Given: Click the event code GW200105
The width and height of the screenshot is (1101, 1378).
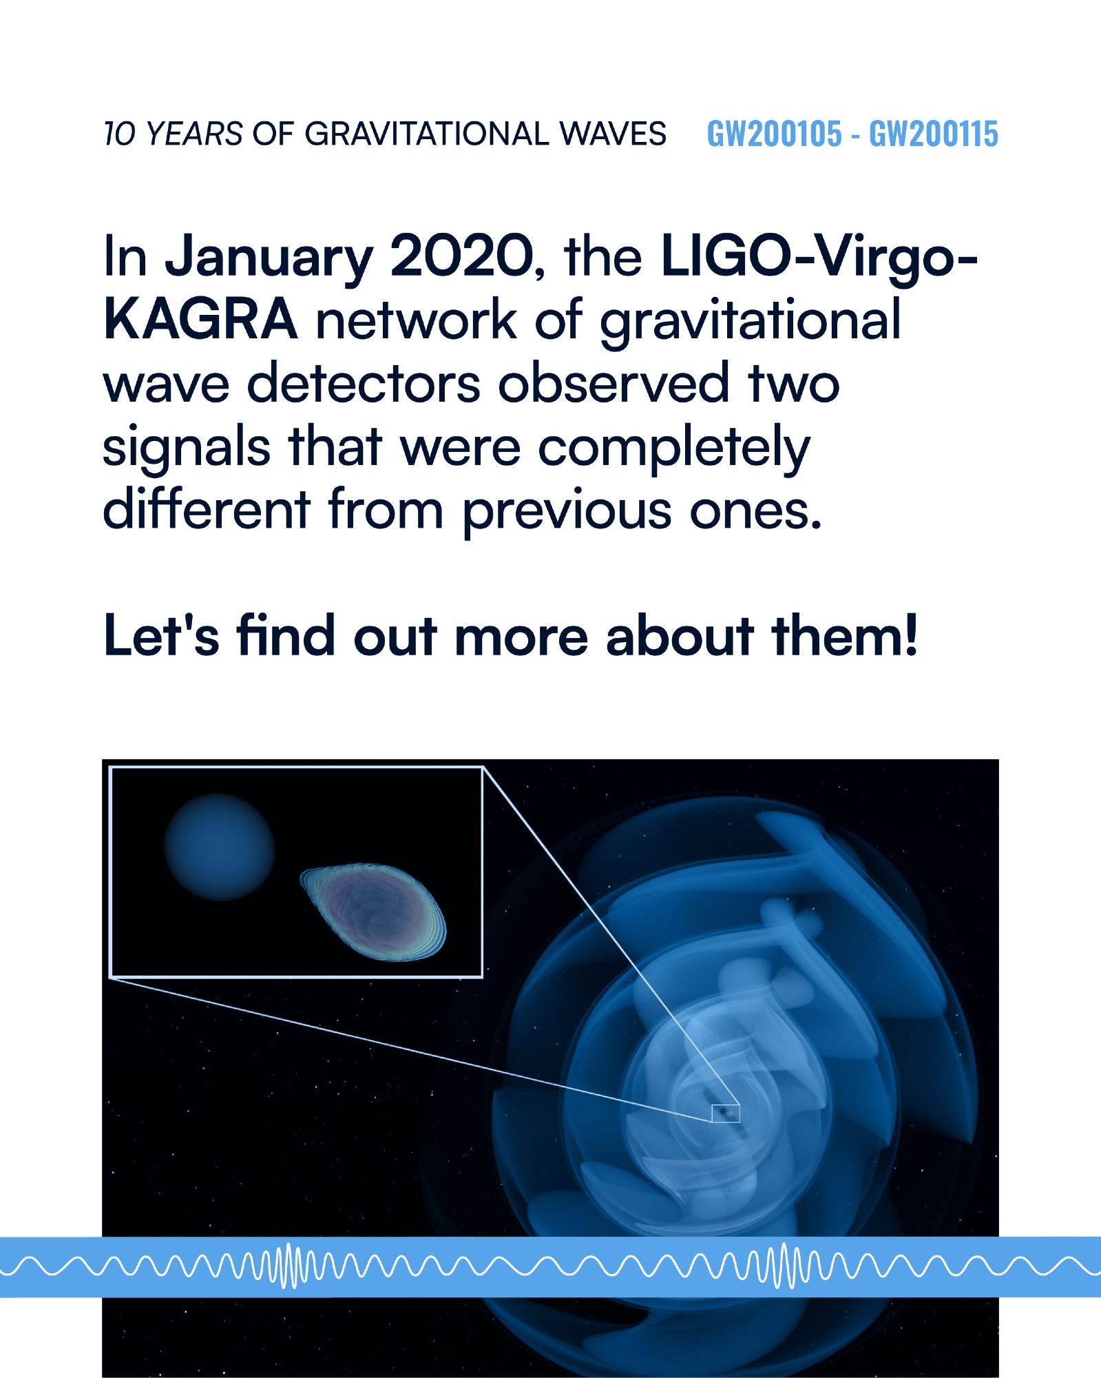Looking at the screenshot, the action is coord(774,134).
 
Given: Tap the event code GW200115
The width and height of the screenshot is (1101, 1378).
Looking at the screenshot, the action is coord(933,134).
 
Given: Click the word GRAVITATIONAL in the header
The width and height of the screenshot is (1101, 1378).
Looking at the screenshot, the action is coord(427,134).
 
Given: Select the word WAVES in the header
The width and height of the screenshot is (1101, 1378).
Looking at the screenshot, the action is coord(613,134).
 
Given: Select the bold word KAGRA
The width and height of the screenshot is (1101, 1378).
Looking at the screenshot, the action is coord(200,320).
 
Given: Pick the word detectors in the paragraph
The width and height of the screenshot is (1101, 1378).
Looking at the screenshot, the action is coord(364,383).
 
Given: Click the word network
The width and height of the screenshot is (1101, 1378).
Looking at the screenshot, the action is coord(416,320).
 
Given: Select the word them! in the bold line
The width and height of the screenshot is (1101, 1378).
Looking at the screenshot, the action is coord(845,635).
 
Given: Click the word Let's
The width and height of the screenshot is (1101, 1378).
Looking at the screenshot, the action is coord(161,635).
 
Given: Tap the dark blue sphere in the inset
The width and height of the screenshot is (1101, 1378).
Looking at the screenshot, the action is coord(220,847).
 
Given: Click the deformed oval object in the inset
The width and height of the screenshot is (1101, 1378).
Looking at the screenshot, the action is coord(373,911).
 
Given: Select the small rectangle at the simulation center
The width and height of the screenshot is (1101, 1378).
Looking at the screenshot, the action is coord(726,1113).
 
